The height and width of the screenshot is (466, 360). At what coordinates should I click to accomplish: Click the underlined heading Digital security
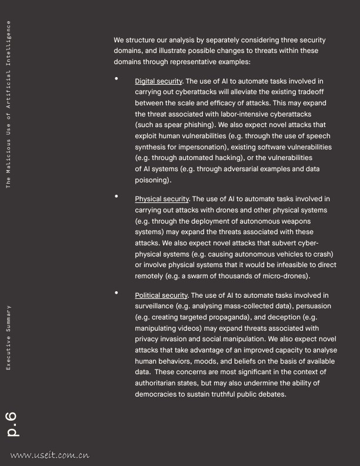(x=159, y=81)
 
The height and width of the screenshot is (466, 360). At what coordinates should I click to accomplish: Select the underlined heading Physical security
(x=162, y=199)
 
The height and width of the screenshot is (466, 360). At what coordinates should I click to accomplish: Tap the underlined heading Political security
(x=161, y=295)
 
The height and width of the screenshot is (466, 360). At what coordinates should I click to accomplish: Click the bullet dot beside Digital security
(x=116, y=78)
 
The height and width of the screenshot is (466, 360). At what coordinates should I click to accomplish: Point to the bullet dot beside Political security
(x=116, y=292)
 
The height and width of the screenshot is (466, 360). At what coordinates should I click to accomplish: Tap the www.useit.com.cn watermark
(x=49, y=455)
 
